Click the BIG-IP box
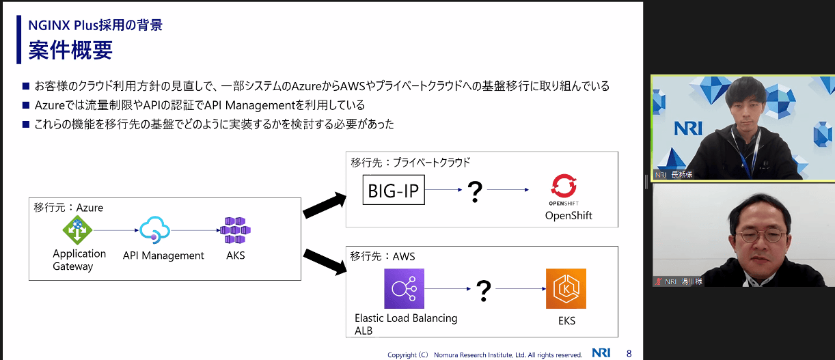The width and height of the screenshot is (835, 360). pos(394,191)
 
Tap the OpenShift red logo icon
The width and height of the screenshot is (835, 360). pos(564,186)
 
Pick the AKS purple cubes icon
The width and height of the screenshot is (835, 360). pos(236,231)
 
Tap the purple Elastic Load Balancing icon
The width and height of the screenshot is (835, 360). pos(404,289)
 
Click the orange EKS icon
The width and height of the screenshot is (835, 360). pos(566,289)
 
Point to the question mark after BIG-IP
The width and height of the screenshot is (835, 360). pos(475,192)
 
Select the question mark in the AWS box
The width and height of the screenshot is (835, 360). pos(484,290)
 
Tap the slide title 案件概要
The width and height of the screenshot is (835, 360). pos(70,51)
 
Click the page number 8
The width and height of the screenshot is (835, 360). pos(629,353)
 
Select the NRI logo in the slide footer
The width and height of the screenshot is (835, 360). pos(601,353)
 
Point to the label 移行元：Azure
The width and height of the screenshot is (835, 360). pos(68,207)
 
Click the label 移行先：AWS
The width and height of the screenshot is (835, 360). pos(382,256)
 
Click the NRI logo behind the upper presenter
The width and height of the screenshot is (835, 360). pos(688,128)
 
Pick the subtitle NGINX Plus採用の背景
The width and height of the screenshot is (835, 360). pos(95,26)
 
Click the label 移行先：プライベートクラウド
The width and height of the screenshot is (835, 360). pos(410,162)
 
